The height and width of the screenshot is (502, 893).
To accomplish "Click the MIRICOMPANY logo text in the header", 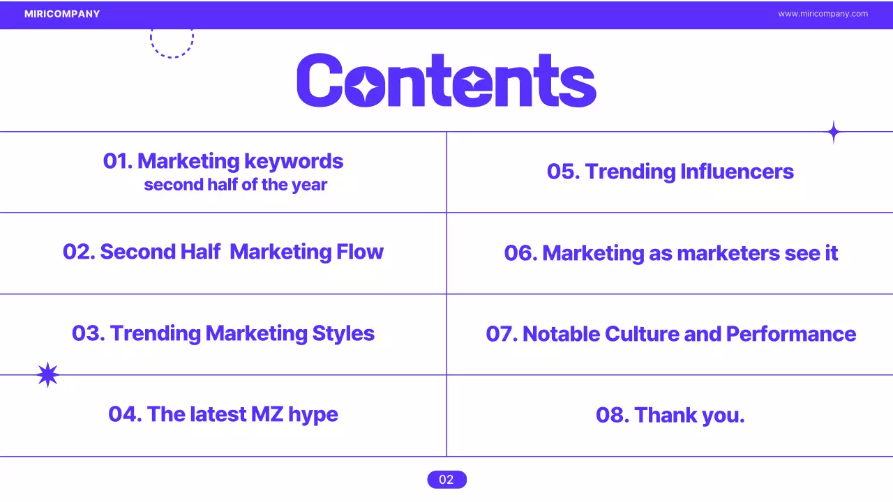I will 62,14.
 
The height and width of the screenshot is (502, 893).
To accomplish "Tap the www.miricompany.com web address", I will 823,14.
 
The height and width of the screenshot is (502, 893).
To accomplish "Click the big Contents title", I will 446,81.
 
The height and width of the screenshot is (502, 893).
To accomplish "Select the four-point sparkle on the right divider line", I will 833,132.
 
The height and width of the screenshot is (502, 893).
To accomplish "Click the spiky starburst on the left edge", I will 47,375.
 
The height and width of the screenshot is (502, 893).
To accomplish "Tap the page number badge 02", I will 446,480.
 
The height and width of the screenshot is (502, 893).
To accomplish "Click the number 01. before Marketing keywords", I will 118,162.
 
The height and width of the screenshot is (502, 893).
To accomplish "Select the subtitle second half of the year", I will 236,185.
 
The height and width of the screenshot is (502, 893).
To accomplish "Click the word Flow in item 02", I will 360,252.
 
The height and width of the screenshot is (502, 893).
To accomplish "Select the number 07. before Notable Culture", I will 502,334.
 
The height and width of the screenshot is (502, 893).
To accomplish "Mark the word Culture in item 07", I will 642,334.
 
